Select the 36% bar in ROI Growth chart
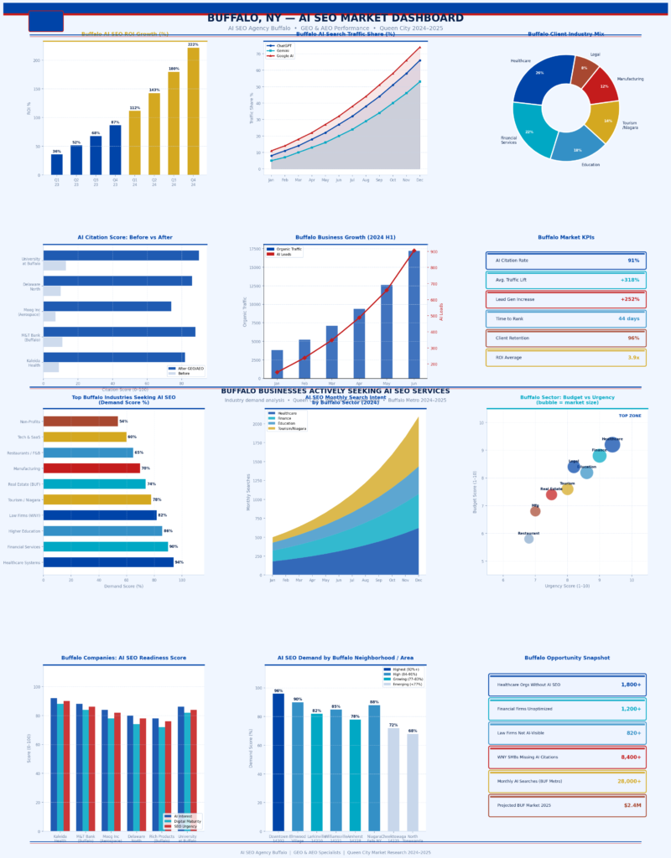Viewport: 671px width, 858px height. tap(56, 165)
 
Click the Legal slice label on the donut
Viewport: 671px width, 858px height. tap(596, 54)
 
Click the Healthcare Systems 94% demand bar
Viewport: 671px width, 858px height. tap(108, 562)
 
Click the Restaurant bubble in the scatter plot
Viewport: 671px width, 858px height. tap(528, 539)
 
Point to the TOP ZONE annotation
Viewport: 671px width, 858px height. tap(630, 416)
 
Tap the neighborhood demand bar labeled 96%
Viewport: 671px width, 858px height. tap(278, 762)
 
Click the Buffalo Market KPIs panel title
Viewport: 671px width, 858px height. tap(565, 238)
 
